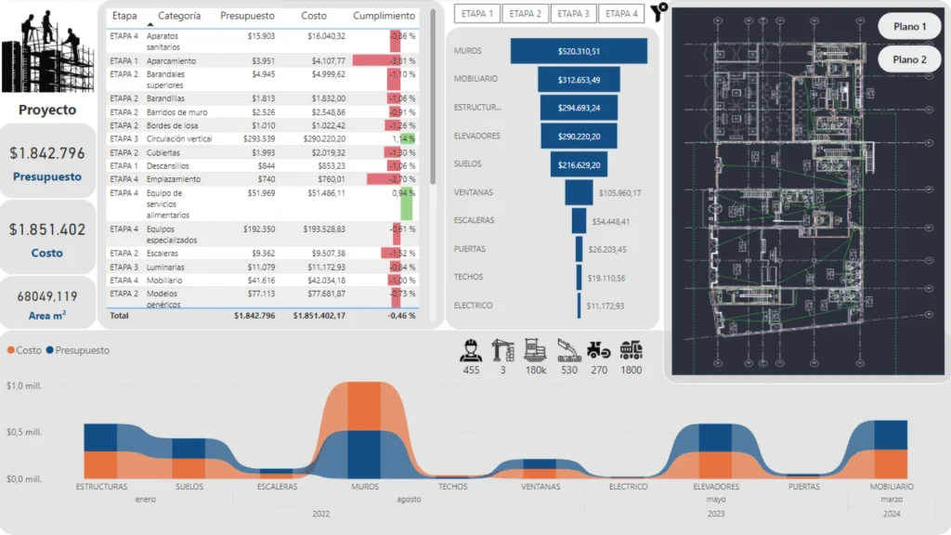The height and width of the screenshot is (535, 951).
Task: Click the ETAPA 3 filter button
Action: (x=574, y=14)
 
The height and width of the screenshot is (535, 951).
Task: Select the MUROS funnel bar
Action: (x=578, y=51)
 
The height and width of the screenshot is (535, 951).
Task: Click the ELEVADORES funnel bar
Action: (x=578, y=137)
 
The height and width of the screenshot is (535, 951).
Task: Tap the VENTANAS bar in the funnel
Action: (x=578, y=192)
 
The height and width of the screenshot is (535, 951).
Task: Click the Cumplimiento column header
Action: (x=384, y=16)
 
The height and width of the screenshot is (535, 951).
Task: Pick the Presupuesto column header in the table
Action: (x=247, y=16)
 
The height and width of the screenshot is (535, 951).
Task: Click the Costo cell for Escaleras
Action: (x=320, y=253)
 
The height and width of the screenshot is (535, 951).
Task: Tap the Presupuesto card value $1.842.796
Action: (x=47, y=153)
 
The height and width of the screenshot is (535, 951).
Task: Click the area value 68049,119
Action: (x=47, y=296)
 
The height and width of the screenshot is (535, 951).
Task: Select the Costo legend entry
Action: (x=24, y=350)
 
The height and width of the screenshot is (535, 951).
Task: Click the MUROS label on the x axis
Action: (x=364, y=487)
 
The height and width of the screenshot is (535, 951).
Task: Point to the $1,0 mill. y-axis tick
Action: (x=24, y=385)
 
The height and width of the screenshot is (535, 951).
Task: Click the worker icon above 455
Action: (x=472, y=350)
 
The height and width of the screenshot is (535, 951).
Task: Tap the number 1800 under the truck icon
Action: (x=631, y=371)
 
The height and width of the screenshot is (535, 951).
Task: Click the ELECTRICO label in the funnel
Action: (x=474, y=305)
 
